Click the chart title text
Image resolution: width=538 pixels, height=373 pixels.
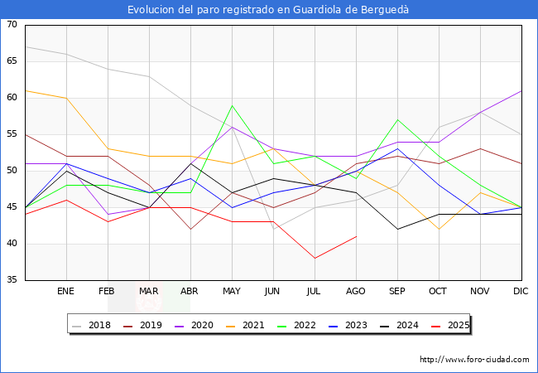coord(268,9)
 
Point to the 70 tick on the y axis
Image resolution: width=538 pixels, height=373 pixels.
coord(12,25)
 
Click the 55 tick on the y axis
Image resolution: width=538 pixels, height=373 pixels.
coord(12,134)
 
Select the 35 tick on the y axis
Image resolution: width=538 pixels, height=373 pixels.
coord(12,280)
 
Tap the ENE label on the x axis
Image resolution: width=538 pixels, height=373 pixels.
coord(66,292)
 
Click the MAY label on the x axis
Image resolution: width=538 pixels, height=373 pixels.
coord(232,292)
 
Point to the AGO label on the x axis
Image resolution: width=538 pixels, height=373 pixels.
coord(356,292)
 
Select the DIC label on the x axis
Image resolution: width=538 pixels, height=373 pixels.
coord(521,292)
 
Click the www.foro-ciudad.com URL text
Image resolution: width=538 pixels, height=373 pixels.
coord(474,360)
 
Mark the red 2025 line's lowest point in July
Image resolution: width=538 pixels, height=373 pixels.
coord(315,258)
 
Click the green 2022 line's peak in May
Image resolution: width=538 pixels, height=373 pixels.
coord(232,105)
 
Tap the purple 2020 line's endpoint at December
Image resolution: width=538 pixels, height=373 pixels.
coord(521,90)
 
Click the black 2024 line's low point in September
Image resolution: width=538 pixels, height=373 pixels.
coord(397,229)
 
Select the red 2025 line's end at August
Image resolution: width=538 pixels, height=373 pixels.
coord(356,236)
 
